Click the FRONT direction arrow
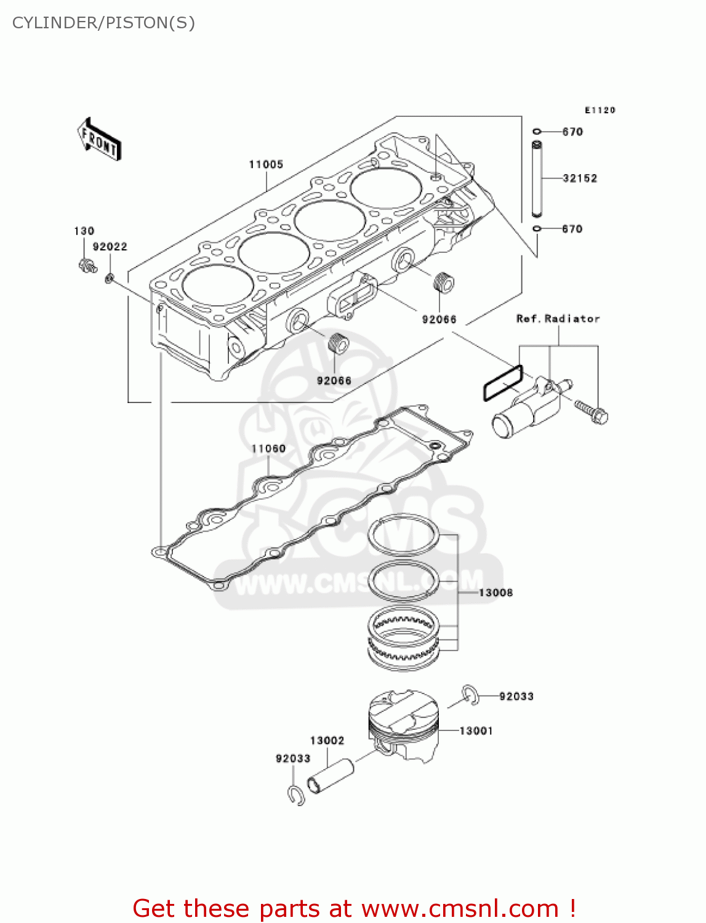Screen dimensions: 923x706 [x=99, y=140]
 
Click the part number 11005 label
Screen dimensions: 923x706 [x=266, y=164]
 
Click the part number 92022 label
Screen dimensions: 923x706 [x=110, y=247]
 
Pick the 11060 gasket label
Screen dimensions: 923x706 [x=268, y=449]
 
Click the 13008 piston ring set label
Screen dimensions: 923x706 [x=495, y=593]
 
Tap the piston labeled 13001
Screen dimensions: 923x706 [x=404, y=726]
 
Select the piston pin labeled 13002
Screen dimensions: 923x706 [x=331, y=777]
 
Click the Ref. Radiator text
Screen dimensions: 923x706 [x=558, y=319]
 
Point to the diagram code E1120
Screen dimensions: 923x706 [x=600, y=110]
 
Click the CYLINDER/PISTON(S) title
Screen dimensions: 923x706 [x=103, y=23]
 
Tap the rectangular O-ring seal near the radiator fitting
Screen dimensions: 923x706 [x=503, y=383]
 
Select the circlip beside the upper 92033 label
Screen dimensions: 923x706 [x=471, y=694]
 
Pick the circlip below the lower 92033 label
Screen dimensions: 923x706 [x=296, y=795]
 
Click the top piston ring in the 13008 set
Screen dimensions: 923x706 [x=404, y=534]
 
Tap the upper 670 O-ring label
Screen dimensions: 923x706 [x=572, y=132]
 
